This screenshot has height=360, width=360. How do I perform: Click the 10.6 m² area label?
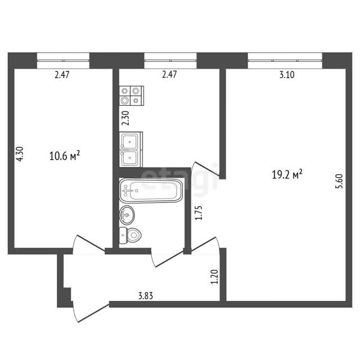(65, 156)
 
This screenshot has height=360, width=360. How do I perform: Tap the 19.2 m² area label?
(287, 174)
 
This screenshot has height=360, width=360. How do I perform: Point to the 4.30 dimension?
(20, 154)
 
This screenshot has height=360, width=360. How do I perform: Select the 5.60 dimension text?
(339, 181)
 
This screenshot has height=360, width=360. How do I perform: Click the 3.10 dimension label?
(287, 75)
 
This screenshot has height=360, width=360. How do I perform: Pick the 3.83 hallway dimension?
(146, 296)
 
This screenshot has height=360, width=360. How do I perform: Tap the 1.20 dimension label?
(214, 276)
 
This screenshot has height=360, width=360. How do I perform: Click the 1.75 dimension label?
(199, 213)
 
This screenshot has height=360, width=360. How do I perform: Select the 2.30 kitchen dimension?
(126, 118)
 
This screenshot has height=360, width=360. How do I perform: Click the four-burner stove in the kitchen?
(132, 96)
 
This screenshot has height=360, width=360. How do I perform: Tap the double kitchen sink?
(131, 149)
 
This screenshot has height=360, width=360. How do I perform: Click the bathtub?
(151, 190)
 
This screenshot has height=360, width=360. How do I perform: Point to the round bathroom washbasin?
(127, 215)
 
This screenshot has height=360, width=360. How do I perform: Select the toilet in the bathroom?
(130, 235)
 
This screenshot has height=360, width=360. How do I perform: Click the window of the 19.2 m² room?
(285, 61)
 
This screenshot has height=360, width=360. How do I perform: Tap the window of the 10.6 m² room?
(63, 61)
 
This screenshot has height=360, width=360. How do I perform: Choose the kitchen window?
(170, 61)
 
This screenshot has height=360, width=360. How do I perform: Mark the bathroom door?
(168, 258)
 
